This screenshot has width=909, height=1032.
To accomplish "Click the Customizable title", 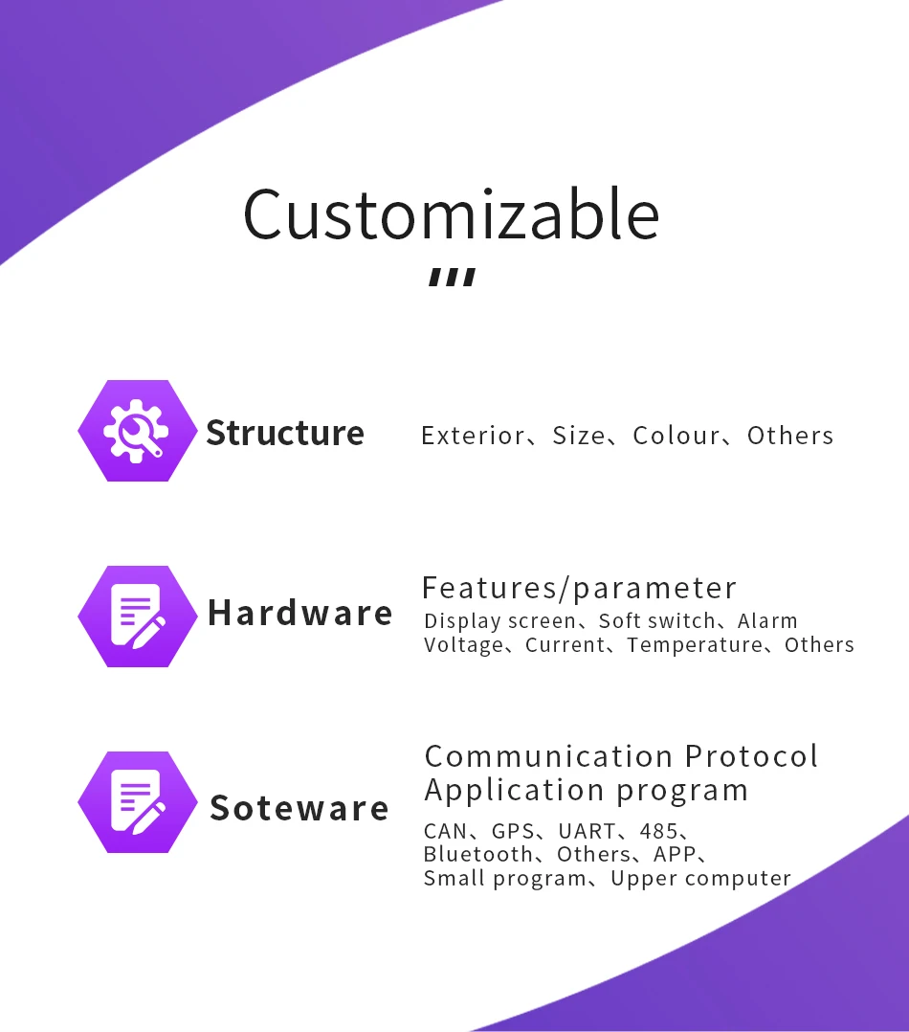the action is point(452,213).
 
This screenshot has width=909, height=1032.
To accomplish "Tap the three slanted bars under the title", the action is point(452,277).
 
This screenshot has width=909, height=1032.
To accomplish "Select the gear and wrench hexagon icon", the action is point(138,431).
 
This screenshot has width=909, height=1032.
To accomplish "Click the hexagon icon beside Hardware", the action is point(138,617).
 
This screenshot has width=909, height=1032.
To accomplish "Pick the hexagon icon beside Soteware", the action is point(138,801).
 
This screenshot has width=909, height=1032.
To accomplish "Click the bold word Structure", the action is point(285,433).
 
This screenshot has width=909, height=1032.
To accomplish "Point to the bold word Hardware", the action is point(299,613).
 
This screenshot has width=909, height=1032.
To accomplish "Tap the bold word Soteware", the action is point(299,808).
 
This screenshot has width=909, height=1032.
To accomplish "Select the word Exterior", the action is point(473,436).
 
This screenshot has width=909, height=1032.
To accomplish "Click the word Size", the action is point(578,436).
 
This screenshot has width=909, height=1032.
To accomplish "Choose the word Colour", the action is point(676,436).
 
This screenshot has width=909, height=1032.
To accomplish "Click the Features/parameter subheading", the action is point(579,588).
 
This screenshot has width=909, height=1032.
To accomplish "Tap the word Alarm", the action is point(767,620).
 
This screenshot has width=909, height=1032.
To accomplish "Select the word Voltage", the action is point(464,645).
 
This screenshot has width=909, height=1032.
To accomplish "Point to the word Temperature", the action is point(695,645).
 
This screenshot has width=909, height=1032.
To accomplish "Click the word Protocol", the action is point(752,756).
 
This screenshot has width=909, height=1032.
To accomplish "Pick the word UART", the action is point(587,831).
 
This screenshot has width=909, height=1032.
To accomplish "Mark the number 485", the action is point(658,831).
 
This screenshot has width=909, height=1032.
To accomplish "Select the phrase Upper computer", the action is point(700,879).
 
